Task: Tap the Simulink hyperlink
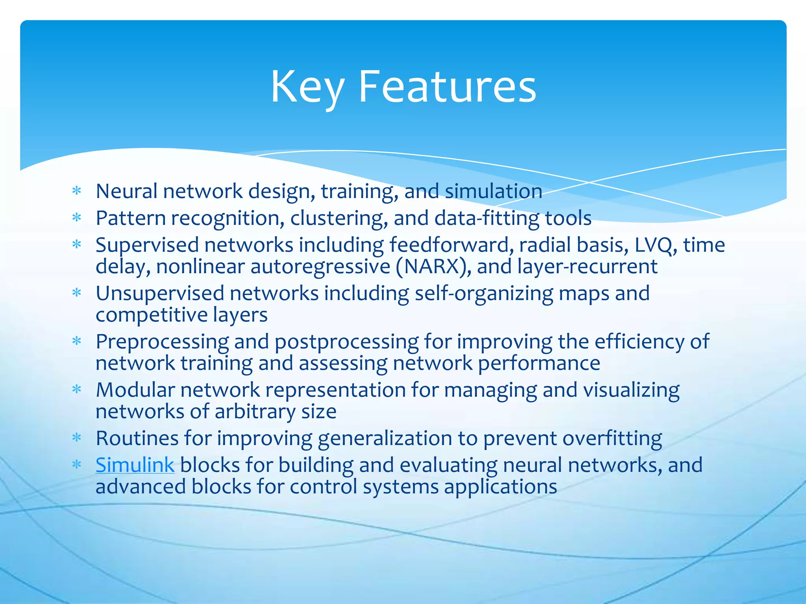(135, 465)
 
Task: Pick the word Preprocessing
(162, 342)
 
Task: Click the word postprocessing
(346, 342)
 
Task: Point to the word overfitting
(612, 438)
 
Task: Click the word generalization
(385, 438)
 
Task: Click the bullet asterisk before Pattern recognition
(77, 218)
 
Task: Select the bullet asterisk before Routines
(77, 438)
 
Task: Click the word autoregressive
(320, 267)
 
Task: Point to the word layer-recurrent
(587, 267)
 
